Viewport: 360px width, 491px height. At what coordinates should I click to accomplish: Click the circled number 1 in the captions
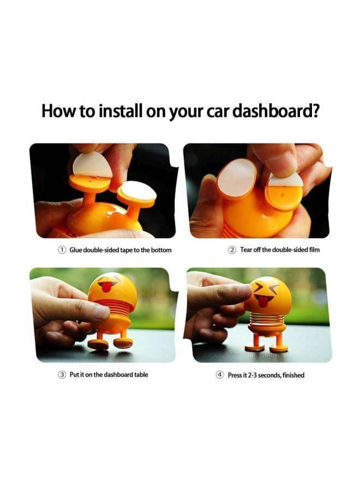tap(62, 250)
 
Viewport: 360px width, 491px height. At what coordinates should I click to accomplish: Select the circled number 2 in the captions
tap(232, 250)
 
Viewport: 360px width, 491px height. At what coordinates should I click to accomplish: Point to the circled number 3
tap(62, 375)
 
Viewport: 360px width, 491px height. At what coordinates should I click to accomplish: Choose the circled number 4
tap(220, 375)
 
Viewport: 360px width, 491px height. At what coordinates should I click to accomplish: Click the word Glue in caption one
tap(76, 250)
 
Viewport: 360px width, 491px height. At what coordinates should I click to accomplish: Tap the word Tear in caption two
tap(247, 250)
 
